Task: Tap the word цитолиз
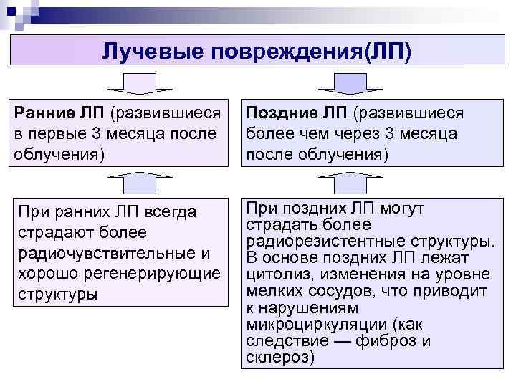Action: (275, 274)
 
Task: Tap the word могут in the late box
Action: (404, 208)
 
